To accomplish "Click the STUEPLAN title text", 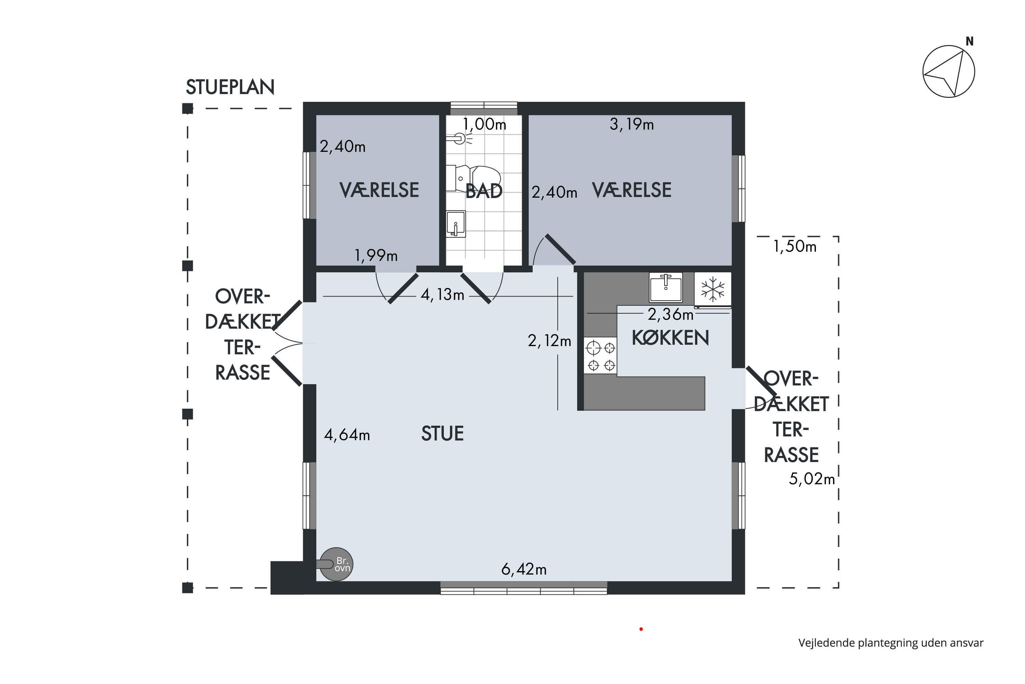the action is coord(230,87).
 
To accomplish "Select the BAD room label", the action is coord(484,191).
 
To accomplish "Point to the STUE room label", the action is coord(442,434).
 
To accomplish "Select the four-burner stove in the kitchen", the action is coord(601,356).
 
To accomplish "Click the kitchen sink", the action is coord(666,287).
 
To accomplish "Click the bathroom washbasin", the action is coord(456,224).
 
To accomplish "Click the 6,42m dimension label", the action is coord(523,569).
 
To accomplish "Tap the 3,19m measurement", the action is coord(631,125).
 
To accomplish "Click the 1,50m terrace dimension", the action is coord(794,247).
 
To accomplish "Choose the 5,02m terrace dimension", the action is coord(811,479).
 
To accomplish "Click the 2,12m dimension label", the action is coord(549,341).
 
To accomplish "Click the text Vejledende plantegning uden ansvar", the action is coord(891,643).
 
